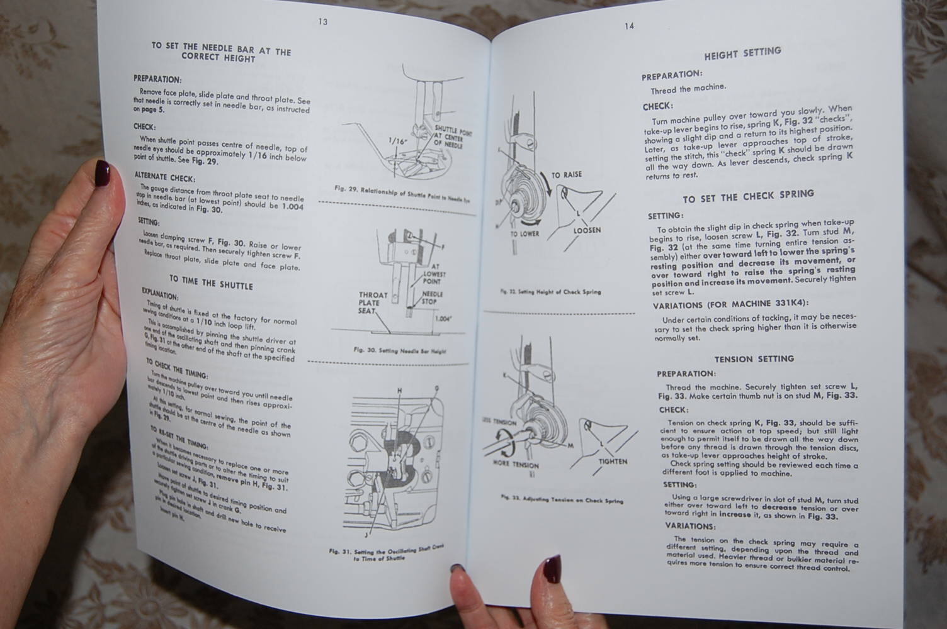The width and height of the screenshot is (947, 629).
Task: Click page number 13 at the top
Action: point(323,22)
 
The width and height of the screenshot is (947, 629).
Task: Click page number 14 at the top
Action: point(629,26)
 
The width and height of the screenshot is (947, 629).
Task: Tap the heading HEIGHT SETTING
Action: point(742,53)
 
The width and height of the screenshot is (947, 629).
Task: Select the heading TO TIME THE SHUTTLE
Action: point(210,281)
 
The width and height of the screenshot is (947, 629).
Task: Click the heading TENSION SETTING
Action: point(754,359)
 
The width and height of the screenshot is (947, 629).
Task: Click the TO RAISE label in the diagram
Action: point(566,174)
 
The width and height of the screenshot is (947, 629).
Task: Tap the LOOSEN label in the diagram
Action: point(587,230)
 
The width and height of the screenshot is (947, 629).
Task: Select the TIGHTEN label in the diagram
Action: point(613,461)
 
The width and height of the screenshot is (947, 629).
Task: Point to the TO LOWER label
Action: point(525,233)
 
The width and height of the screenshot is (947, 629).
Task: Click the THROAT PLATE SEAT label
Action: point(373,303)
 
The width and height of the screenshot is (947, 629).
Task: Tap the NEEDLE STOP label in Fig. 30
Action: point(432,298)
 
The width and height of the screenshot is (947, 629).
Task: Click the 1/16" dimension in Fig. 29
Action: point(398,142)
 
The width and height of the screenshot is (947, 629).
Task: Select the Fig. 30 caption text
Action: point(400,350)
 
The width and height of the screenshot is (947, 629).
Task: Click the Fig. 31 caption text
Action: point(385,553)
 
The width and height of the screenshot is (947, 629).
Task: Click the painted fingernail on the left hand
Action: point(102,170)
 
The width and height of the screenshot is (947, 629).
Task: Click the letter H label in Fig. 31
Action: point(399,391)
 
